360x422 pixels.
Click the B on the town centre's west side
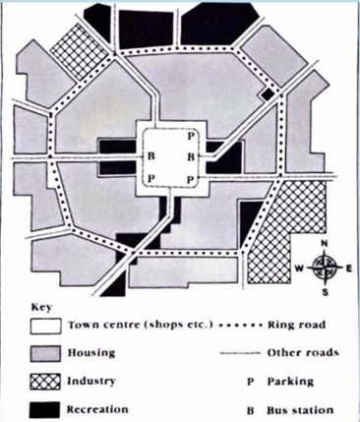(x=150, y=155)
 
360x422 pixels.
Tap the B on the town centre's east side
(x=190, y=155)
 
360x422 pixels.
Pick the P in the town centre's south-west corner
(x=150, y=178)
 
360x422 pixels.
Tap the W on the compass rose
(x=301, y=269)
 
